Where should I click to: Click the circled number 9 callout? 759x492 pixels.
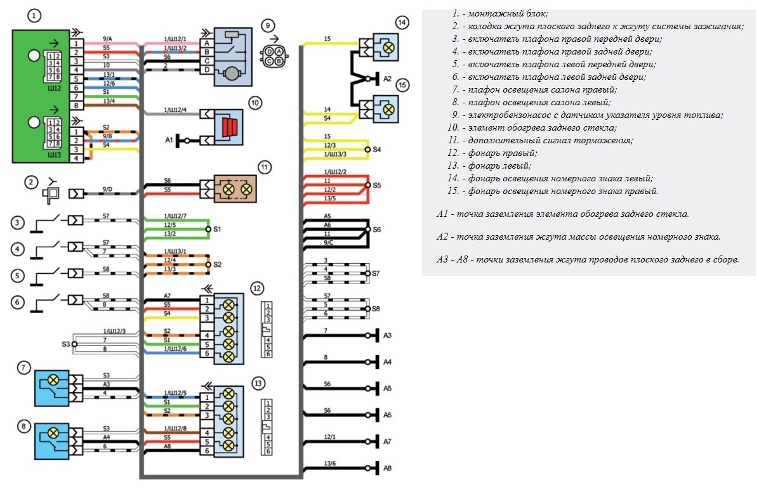pos(268,25)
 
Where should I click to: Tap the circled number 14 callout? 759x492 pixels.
pos(401,23)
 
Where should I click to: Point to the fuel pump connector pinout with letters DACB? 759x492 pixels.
pos(274,55)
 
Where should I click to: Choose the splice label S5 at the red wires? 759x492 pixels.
pos(377,186)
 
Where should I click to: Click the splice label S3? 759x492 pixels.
pos(65,344)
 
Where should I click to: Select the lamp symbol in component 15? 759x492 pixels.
pos(388,108)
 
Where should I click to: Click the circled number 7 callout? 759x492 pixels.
pos(24,367)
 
